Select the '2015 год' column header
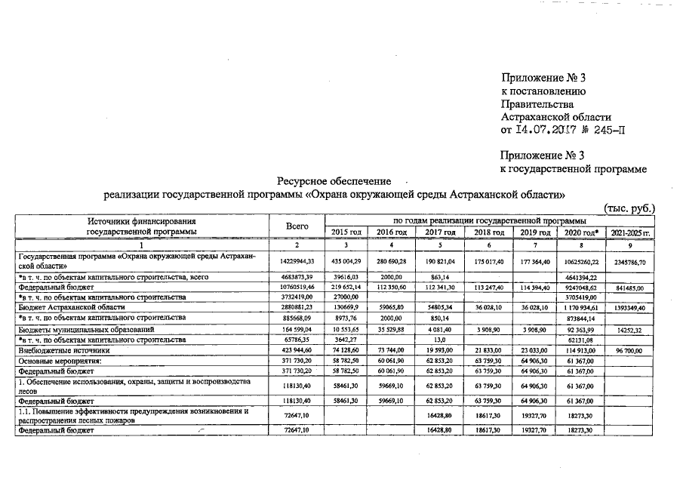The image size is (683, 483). [346, 232]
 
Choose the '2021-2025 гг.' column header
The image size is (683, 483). [630, 232]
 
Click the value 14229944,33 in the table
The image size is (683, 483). [297, 260]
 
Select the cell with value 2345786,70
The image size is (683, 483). [630, 260]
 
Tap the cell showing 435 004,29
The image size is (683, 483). [346, 260]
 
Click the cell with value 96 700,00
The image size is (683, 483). [630, 351]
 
